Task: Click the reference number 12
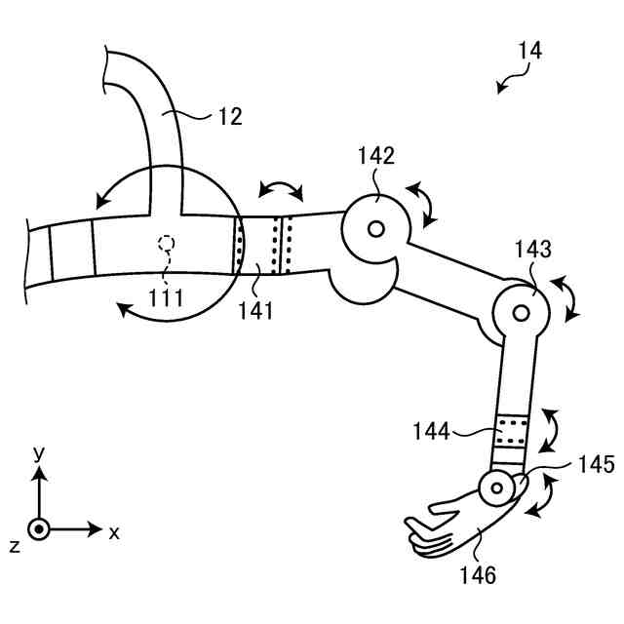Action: tap(230, 118)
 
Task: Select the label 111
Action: tap(166, 297)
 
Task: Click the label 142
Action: tap(376, 156)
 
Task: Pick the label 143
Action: tap(533, 250)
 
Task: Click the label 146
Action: tap(477, 575)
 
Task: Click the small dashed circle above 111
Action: tap(167, 242)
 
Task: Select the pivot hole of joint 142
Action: tap(375, 231)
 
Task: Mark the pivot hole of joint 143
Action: tap(521, 313)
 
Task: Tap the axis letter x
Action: tap(114, 532)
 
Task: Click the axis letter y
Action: tap(39, 453)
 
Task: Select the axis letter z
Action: tap(15, 546)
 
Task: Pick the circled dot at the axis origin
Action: tap(39, 529)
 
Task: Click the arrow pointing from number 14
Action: tap(506, 84)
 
